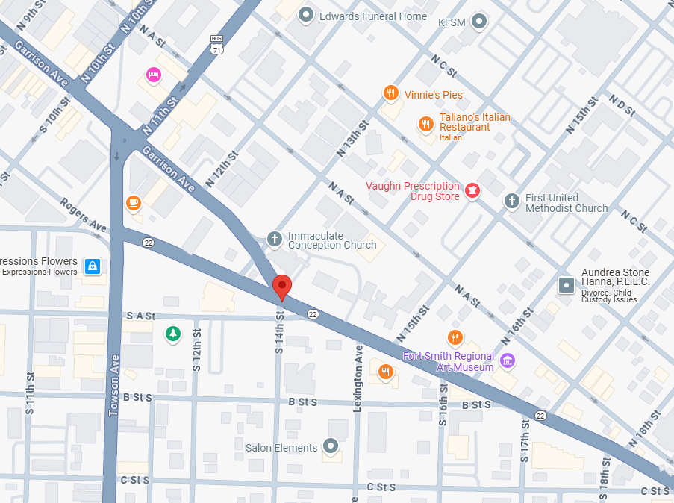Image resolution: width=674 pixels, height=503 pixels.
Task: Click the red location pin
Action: (x=281, y=287)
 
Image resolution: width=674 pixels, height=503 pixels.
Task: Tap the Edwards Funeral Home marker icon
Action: (x=305, y=15)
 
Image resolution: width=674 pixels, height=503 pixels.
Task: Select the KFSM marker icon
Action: (x=479, y=22)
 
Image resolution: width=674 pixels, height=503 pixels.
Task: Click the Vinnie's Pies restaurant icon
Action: (x=390, y=93)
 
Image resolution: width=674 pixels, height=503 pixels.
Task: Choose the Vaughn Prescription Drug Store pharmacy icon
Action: (x=472, y=191)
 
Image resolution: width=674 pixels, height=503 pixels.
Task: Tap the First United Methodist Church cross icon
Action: (x=511, y=200)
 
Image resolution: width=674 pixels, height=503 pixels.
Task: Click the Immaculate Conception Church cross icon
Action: (x=275, y=239)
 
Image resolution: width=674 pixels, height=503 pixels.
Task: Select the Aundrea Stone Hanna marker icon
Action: (x=567, y=284)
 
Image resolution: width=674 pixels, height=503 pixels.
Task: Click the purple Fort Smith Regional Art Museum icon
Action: (x=508, y=361)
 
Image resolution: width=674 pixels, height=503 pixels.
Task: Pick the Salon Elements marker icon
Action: (x=330, y=446)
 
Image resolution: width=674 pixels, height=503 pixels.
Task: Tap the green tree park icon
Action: (x=173, y=333)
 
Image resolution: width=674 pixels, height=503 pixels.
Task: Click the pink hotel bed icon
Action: (x=154, y=74)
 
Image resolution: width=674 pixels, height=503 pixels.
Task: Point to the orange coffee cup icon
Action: (x=134, y=202)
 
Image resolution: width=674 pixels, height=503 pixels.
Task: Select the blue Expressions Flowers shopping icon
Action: (x=92, y=266)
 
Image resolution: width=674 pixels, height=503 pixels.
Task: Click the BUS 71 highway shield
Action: (x=216, y=44)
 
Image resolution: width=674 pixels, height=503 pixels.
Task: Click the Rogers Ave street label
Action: (x=84, y=214)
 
